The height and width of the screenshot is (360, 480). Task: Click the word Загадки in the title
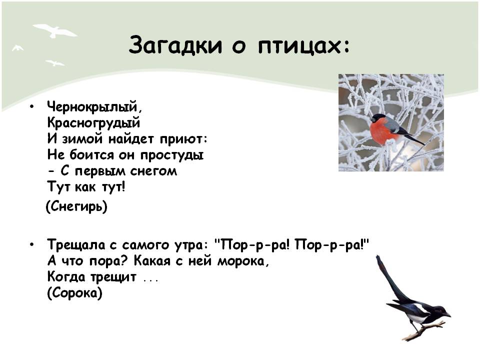point(175,45)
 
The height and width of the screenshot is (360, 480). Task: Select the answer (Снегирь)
point(76,206)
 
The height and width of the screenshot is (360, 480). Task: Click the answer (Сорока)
point(74,293)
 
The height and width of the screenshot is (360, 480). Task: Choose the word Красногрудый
point(93,122)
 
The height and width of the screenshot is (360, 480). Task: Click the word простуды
point(172,155)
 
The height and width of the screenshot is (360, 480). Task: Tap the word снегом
point(153,171)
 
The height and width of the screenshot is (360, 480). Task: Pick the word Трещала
point(76,245)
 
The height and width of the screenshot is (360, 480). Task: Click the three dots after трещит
point(151,279)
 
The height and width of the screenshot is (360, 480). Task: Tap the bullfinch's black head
point(378,117)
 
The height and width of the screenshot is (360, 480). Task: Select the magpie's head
point(441,311)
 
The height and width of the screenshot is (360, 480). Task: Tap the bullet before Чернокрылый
point(32,106)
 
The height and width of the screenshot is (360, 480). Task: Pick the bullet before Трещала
point(32,245)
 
